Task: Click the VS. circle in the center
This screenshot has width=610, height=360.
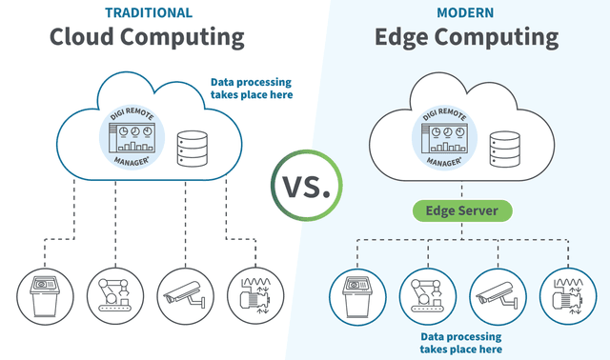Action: coord(305,180)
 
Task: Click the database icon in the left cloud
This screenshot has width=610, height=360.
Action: coord(193,149)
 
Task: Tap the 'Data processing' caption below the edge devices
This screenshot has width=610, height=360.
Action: coord(461,343)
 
